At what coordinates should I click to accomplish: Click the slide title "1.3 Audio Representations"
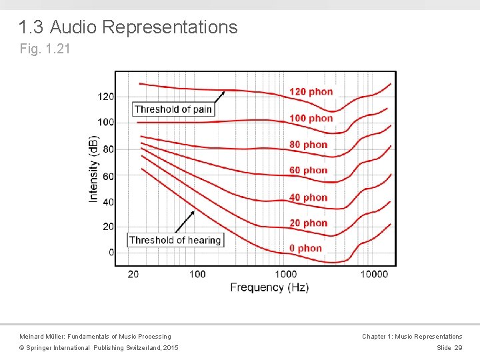coord(128,27)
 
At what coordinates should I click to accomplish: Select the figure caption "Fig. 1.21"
coord(44,49)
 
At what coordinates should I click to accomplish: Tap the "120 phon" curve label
coord(311,91)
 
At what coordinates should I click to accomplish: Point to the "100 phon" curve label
coord(311,118)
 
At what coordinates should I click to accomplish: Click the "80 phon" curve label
coord(308,145)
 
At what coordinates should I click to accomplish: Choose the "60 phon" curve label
coord(308,171)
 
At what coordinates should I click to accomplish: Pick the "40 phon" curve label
coord(308,197)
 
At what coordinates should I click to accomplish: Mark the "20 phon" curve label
coord(308,223)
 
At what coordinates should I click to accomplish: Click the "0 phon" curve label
coord(305,249)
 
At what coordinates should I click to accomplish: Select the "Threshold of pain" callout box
coord(173,109)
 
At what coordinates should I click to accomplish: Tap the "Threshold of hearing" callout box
coord(175,240)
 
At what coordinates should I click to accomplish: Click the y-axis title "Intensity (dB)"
coord(93,169)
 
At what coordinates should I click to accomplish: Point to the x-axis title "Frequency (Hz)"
coord(269,287)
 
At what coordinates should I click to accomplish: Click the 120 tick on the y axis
coord(106,97)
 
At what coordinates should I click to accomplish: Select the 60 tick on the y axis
coord(108,176)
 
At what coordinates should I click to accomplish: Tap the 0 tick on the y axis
coord(111,253)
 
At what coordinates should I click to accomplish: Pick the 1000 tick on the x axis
coord(285,274)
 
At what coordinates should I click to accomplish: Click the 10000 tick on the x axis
coord(374,274)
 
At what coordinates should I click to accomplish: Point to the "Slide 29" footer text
coord(449,348)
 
